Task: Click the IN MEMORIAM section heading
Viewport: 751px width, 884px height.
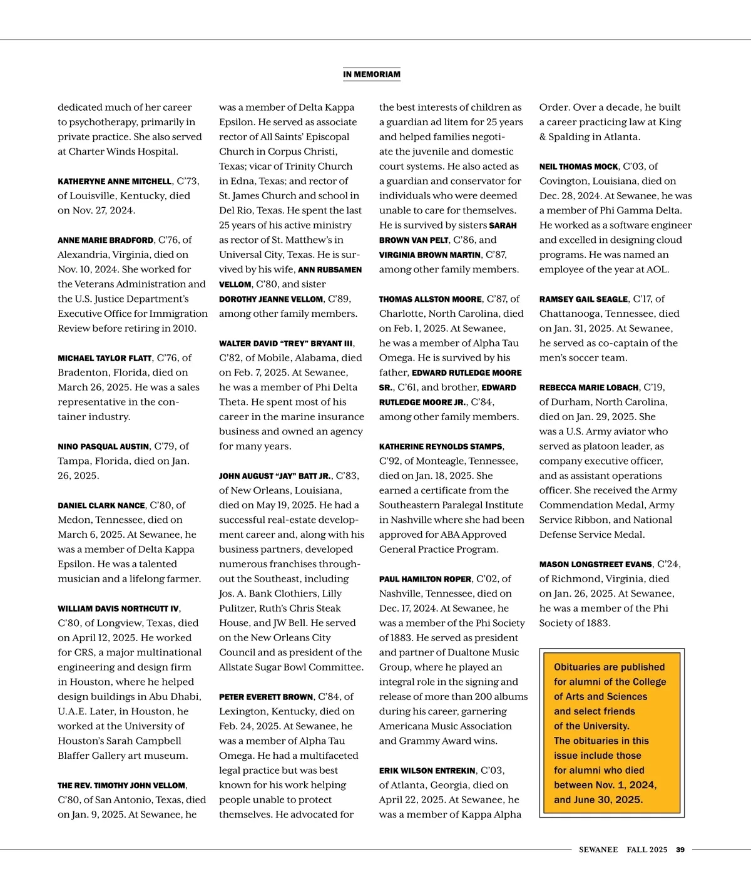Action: coord(372,75)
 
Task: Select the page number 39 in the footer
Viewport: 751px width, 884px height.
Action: coord(680,850)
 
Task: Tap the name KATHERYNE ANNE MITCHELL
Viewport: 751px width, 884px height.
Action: coord(115,182)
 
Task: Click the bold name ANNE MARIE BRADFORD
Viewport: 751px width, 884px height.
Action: coord(105,240)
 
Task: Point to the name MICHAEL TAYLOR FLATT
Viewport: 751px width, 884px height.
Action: coord(105,358)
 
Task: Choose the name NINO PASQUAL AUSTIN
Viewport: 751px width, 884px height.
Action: coord(103,446)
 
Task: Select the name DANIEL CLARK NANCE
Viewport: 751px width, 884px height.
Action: coord(101,505)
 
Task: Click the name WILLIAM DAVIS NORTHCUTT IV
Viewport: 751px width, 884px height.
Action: coord(118,609)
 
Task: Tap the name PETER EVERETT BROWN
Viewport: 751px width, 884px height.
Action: coord(266,697)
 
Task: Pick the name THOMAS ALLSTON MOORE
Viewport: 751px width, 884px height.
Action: coord(431,299)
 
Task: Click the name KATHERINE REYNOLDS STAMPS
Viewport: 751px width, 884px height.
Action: coord(441,446)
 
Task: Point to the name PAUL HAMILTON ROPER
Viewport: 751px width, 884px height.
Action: coord(426,579)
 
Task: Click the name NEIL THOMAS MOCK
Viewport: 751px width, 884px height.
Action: coord(579,167)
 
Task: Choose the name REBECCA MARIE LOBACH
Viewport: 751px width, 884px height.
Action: coord(589,388)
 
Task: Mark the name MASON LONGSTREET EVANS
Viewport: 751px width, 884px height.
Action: coord(596,564)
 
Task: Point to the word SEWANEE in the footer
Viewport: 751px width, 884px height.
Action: coord(598,850)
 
